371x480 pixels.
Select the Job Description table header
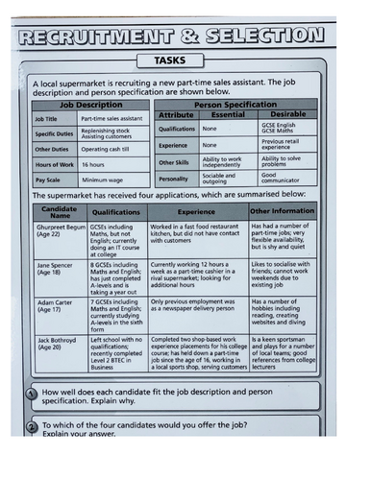92,104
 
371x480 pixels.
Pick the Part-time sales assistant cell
111,118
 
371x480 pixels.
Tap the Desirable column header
289,114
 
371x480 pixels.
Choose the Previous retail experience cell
285,144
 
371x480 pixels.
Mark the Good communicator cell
285,179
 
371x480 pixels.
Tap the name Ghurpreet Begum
60,232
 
